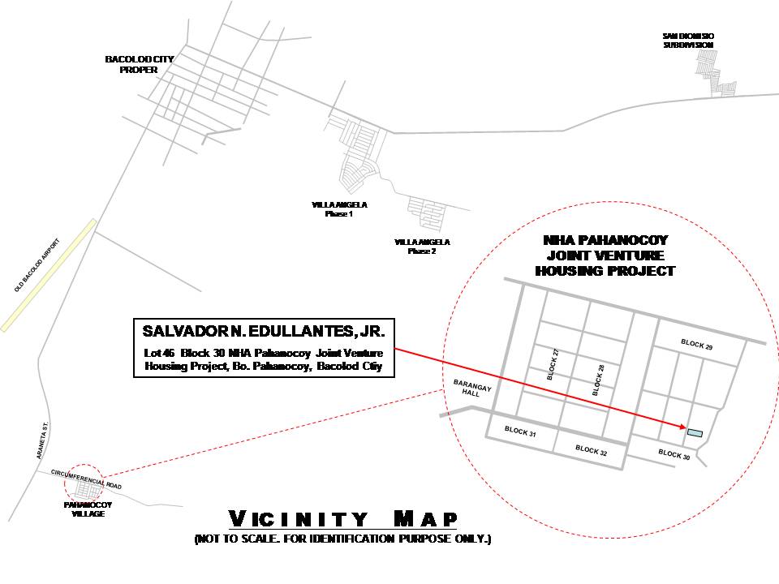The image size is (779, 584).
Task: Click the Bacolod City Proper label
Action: [x=139, y=65]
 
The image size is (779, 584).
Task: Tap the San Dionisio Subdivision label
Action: [x=688, y=41]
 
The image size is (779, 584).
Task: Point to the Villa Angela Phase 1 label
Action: [x=339, y=209]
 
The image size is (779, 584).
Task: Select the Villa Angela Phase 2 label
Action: [x=422, y=247]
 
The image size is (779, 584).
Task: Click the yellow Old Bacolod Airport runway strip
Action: [x=48, y=275]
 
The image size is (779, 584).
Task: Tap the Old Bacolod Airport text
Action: [x=37, y=265]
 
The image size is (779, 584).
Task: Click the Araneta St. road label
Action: [x=43, y=440]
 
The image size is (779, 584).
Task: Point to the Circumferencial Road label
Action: [x=86, y=479]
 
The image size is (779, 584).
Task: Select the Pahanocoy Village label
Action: [x=88, y=509]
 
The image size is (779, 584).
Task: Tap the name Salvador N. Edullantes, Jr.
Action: [x=263, y=331]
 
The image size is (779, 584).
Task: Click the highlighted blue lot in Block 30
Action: [x=695, y=433]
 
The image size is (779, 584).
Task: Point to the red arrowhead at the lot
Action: [x=682, y=426]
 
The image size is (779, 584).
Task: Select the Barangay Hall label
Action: [x=472, y=389]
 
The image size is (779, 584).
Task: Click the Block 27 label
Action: [x=553, y=364]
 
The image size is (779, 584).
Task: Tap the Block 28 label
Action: [x=598, y=380]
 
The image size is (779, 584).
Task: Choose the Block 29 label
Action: [x=696, y=345]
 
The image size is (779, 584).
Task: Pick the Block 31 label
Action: [x=520, y=432]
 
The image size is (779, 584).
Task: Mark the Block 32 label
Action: [x=592, y=450]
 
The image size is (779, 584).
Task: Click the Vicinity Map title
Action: [x=342, y=519]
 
